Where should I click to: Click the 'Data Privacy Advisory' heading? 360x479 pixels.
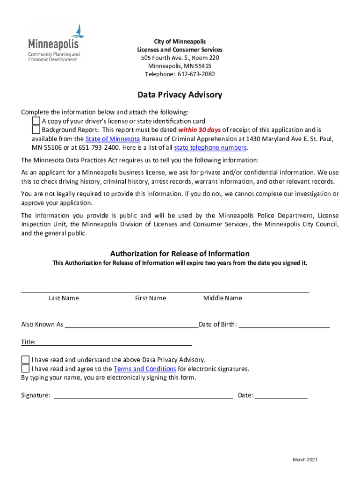[180, 95]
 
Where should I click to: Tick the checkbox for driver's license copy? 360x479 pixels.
[36, 121]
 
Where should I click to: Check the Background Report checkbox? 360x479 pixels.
[36, 130]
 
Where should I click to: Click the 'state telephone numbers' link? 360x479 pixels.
[210, 147]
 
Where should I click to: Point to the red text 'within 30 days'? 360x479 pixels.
[199, 130]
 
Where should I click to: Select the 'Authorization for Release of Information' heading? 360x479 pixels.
[180, 254]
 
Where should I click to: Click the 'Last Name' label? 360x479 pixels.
[64, 298]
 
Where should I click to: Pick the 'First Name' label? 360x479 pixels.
[151, 298]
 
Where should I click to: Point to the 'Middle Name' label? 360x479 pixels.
[223, 298]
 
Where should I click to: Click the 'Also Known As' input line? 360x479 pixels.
[131, 325]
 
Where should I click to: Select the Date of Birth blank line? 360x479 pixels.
[284, 325]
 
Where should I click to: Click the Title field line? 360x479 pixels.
[114, 342]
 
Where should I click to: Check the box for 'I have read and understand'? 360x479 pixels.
[25, 360]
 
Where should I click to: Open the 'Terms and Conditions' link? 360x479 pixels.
[144, 369]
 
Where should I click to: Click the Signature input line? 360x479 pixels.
[144, 396]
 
